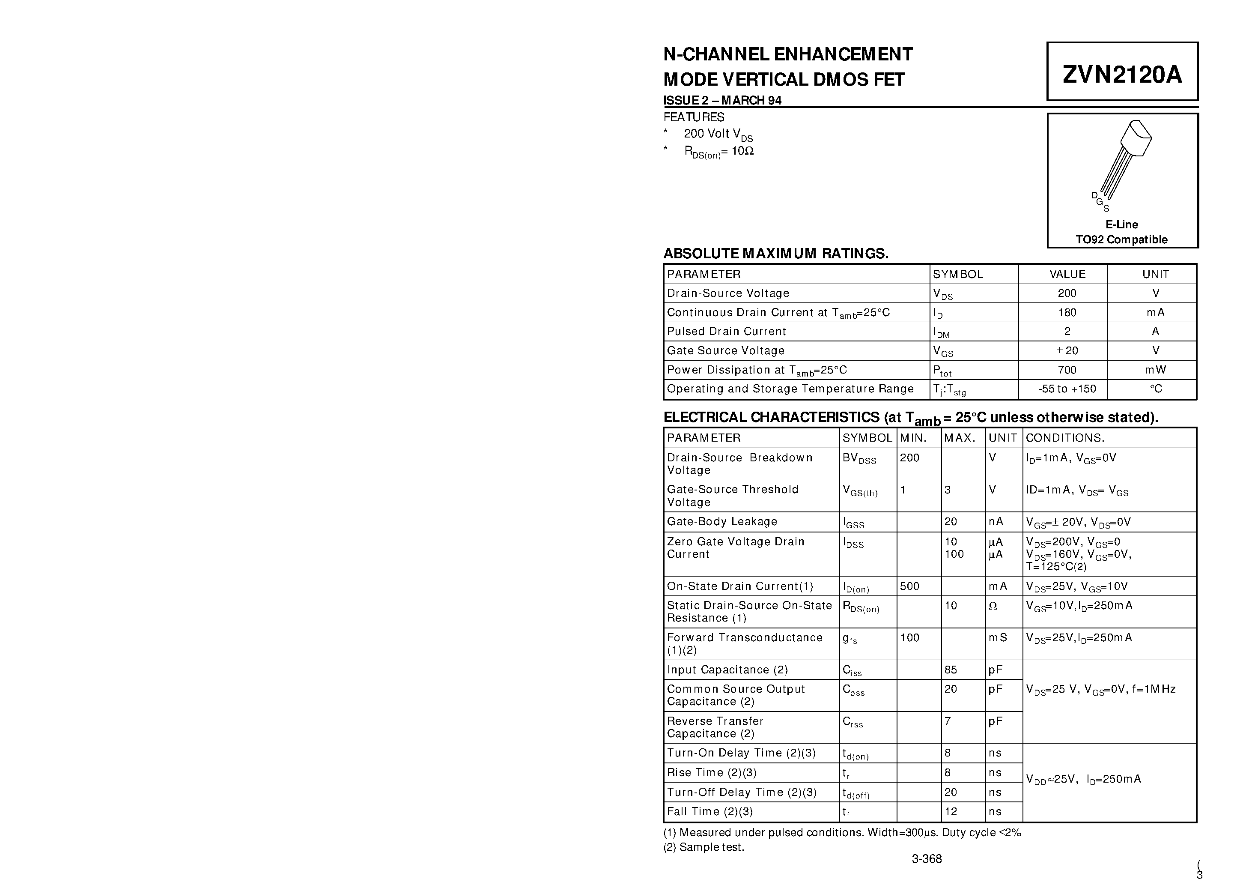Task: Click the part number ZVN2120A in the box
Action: tap(1122, 74)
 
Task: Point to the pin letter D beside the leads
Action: tap(1094, 195)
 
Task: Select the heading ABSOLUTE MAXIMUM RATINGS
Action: tap(775, 254)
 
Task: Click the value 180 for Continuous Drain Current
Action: tap(1067, 313)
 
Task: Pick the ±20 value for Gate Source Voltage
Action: tap(1067, 351)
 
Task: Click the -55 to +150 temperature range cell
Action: tap(1067, 389)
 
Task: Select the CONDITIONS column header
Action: tap(1064, 438)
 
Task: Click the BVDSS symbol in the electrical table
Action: tap(859, 459)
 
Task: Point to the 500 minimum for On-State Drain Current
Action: tap(909, 586)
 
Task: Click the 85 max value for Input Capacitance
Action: tap(951, 670)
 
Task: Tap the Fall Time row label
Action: tap(709, 812)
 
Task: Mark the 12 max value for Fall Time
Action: tap(951, 812)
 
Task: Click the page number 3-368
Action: tap(927, 859)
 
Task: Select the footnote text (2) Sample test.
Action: tap(704, 847)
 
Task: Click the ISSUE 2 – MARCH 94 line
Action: tap(722, 100)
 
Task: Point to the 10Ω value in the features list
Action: tap(742, 151)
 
